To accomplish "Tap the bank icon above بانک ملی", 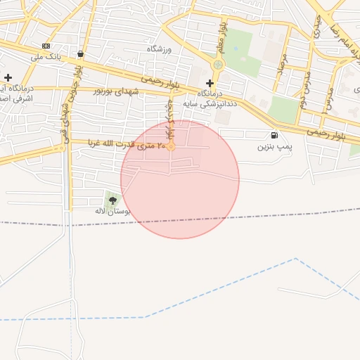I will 46,46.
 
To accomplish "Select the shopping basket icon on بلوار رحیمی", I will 81,54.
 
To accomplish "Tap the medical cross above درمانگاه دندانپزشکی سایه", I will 210,83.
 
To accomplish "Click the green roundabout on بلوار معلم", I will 218,65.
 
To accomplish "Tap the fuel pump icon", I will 274,135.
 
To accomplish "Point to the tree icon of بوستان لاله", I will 112,200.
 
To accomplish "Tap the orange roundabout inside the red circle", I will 170,146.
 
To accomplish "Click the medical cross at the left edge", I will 8,77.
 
